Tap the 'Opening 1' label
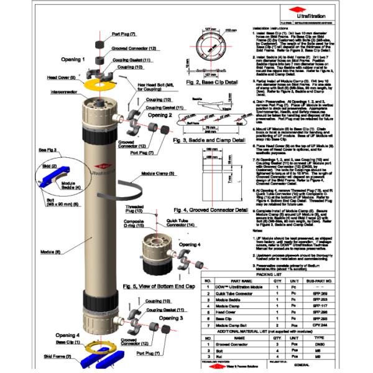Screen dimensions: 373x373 coord(74,60)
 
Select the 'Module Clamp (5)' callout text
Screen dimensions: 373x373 coord(159,174)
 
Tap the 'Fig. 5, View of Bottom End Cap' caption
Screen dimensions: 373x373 coord(160,286)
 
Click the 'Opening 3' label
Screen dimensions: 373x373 coord(172,318)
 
